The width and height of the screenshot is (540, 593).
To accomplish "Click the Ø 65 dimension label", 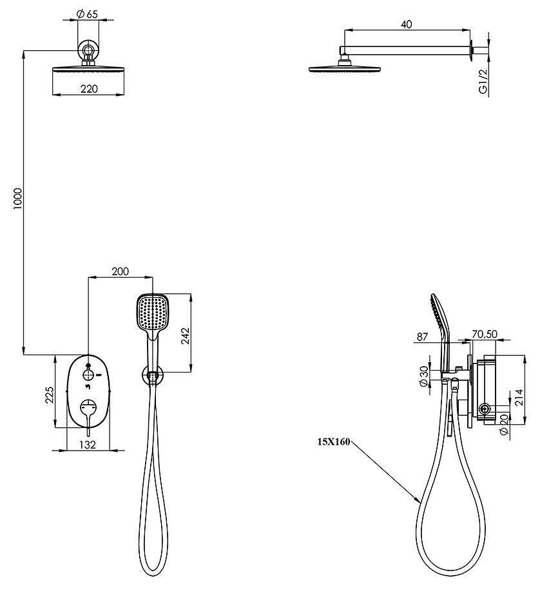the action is click(86, 14).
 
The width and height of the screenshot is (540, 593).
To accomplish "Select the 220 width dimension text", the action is click(89, 89).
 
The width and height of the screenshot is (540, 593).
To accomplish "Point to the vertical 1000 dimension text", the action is click(18, 199).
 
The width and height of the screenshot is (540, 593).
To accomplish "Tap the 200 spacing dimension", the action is click(121, 271).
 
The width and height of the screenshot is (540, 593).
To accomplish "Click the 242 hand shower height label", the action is click(186, 336).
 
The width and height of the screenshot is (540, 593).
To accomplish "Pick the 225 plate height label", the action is click(50, 394).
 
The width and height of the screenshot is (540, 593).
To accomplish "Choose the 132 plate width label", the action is click(88, 445).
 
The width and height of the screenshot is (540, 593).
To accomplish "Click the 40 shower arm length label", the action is click(406, 24).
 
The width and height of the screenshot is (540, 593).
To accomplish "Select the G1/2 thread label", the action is click(483, 81).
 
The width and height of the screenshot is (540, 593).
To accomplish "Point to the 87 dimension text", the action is click(422, 336).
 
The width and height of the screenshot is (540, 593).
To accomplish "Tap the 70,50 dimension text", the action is click(485, 334).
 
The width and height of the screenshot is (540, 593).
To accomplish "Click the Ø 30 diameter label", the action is click(423, 376).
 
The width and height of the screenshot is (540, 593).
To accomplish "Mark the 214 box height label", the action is click(518, 397).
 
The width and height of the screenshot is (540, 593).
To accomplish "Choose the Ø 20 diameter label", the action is click(503, 424).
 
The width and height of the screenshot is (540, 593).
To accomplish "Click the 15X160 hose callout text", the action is click(334, 442).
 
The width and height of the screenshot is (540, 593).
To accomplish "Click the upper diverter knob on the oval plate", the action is click(89, 375).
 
